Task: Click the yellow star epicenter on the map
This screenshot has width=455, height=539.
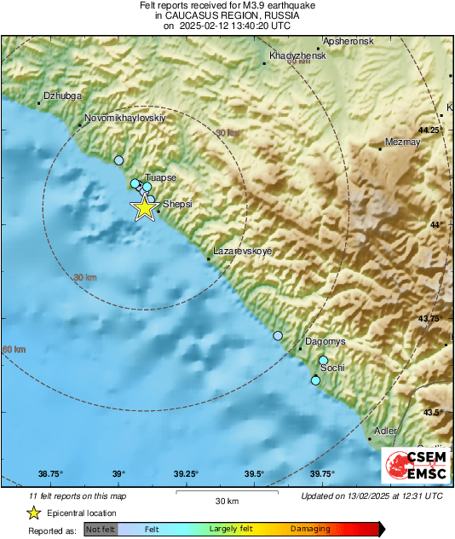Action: tap(144, 207)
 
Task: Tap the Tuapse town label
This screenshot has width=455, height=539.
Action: tap(160, 177)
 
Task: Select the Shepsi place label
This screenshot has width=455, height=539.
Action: tap(177, 205)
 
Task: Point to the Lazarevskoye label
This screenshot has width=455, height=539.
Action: tap(241, 252)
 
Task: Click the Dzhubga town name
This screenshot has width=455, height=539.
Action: tap(60, 96)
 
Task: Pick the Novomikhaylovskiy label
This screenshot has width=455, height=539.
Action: tap(124, 119)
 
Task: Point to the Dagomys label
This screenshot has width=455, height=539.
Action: tap(325, 341)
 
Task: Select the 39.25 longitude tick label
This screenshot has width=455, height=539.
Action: tap(186, 474)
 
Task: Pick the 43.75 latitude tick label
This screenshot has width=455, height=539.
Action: tap(432, 318)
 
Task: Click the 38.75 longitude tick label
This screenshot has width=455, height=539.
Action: tap(50, 474)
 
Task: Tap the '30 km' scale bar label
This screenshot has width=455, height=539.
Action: tap(226, 501)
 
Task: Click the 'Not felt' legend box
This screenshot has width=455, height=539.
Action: tap(100, 530)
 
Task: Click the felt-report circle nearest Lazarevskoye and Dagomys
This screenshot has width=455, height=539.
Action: tap(277, 336)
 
